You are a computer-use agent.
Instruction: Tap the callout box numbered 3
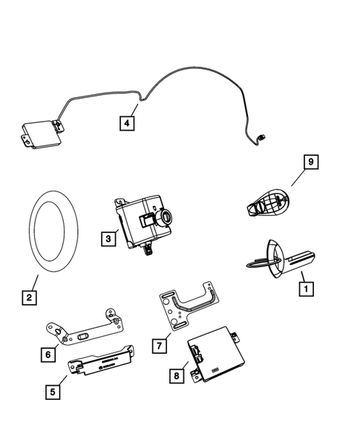coord(109,238)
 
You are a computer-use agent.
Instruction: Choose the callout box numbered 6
coord(48,355)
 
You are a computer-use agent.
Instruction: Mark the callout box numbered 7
coord(157,346)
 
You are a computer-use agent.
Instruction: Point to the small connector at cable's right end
coord(261,137)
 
